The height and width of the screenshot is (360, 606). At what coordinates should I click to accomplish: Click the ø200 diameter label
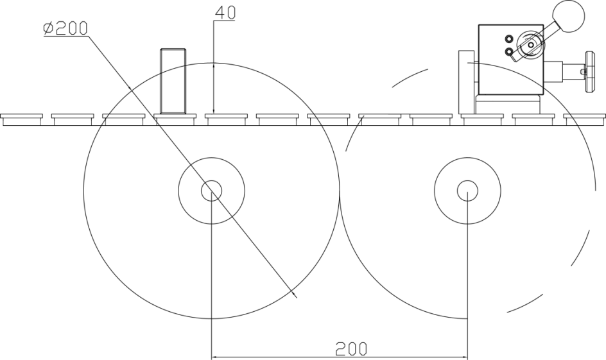pyautogui.click(x=65, y=28)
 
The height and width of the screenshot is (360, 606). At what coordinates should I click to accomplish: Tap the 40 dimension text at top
pyautogui.click(x=224, y=12)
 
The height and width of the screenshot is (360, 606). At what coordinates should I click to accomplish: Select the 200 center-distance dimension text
pyautogui.click(x=352, y=348)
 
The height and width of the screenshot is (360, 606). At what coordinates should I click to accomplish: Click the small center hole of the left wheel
pyautogui.click(x=211, y=191)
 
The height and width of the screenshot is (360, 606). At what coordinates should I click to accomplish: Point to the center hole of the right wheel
pyautogui.click(x=467, y=191)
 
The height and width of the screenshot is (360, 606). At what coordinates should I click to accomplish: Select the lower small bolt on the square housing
pyautogui.click(x=508, y=51)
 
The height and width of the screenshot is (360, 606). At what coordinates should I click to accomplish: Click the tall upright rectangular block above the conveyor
pyautogui.click(x=173, y=80)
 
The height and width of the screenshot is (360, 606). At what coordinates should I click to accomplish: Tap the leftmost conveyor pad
pyautogui.click(x=21, y=119)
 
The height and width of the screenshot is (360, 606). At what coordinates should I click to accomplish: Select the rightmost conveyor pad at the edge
pyautogui.click(x=585, y=119)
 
